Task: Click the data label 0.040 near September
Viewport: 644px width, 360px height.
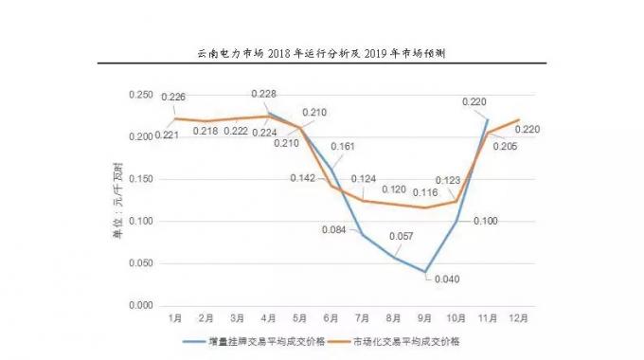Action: coord(445,279)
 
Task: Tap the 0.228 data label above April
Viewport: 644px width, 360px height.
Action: coord(265,94)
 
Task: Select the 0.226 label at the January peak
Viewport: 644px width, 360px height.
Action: coord(174,96)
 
